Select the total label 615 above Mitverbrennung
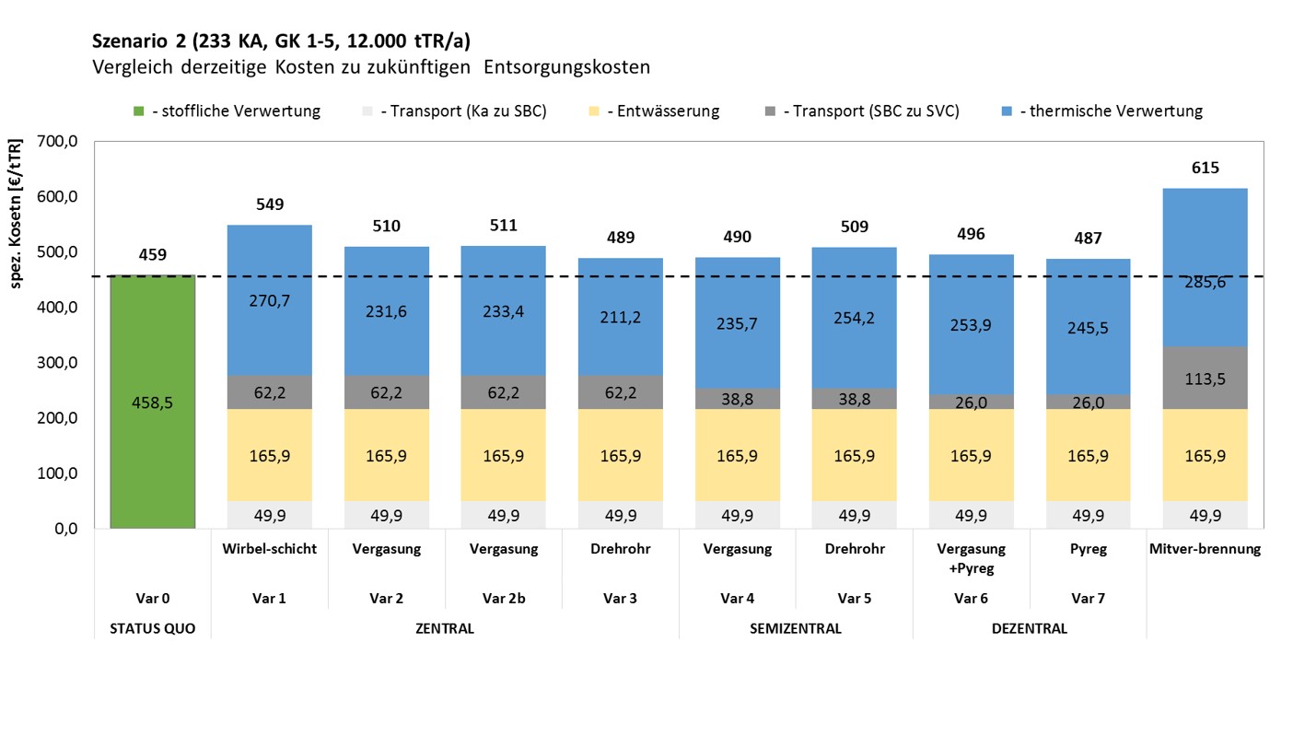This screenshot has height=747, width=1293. [x=1205, y=168]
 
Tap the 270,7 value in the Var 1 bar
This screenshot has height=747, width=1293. [x=269, y=300]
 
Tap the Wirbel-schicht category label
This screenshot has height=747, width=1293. [x=269, y=549]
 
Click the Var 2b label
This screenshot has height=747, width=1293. [x=503, y=598]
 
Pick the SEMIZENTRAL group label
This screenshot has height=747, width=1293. [x=795, y=629]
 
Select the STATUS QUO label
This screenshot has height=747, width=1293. [x=152, y=629]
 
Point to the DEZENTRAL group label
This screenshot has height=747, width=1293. [x=1029, y=629]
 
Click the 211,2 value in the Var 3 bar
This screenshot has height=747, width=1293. [x=620, y=318]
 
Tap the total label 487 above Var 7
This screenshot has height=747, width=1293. [x=1088, y=238]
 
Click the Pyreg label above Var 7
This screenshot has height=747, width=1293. [x=1088, y=549]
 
